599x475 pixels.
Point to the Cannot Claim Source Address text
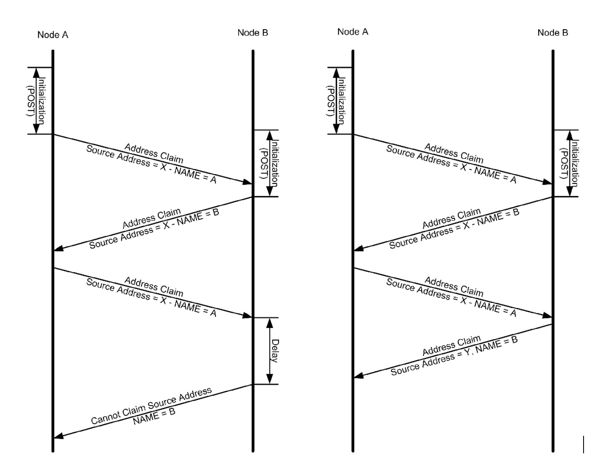point(151,406)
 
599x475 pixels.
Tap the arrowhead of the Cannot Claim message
point(59,436)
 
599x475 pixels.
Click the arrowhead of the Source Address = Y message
point(359,376)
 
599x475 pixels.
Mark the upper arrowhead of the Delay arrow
point(269,323)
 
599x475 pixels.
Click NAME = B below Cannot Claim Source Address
point(154,417)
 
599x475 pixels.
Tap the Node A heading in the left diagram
point(53,35)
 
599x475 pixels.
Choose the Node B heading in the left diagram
point(253,32)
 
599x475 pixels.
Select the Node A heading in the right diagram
point(353,32)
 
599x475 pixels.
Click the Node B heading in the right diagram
point(553,32)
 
